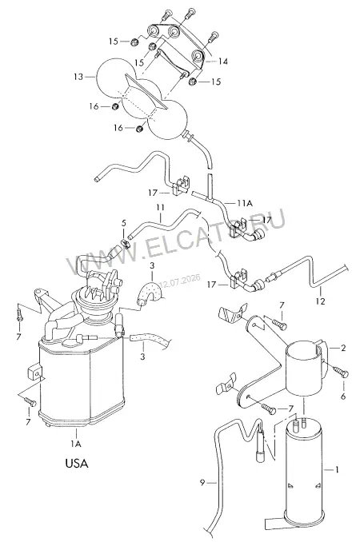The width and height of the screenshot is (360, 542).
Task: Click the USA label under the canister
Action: coord(77,463)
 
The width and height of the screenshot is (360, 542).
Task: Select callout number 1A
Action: coord(77,444)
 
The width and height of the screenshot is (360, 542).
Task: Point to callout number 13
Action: coord(79,77)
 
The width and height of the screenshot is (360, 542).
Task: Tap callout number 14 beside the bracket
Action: coord(223,62)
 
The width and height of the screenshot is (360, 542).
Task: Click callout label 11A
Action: coord(245,204)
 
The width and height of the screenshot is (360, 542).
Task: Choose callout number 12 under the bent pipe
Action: coord(321,301)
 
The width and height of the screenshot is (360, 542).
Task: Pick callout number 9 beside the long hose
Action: coord(202,482)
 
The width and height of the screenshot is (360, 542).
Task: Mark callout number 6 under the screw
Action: coord(343,397)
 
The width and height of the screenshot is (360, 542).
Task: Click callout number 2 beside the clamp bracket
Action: coord(343,348)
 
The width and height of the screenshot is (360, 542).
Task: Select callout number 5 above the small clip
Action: coord(124,223)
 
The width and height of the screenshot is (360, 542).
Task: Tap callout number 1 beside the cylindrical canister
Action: coord(337,469)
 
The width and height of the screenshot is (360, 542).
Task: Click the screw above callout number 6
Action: coord(342,373)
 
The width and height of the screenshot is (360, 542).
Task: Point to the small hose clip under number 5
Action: coord(125,243)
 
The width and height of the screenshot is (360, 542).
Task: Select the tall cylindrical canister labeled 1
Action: coord(304,475)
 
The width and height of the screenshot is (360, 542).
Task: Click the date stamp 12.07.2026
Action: coord(180,281)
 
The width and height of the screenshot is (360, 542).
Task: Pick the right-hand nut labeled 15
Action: coord(193,82)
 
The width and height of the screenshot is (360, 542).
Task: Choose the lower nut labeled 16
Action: coord(139,129)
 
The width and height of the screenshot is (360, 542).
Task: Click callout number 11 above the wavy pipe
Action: coord(160,208)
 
